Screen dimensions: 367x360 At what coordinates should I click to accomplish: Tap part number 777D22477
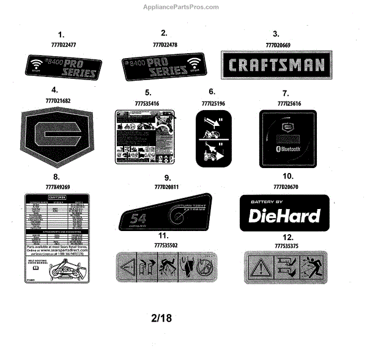pyautogui.click(x=61, y=45)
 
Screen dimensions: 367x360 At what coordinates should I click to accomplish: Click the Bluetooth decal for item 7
pyautogui.click(x=288, y=138)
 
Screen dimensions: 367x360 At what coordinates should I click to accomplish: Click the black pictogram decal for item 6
pyautogui.click(x=213, y=139)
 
